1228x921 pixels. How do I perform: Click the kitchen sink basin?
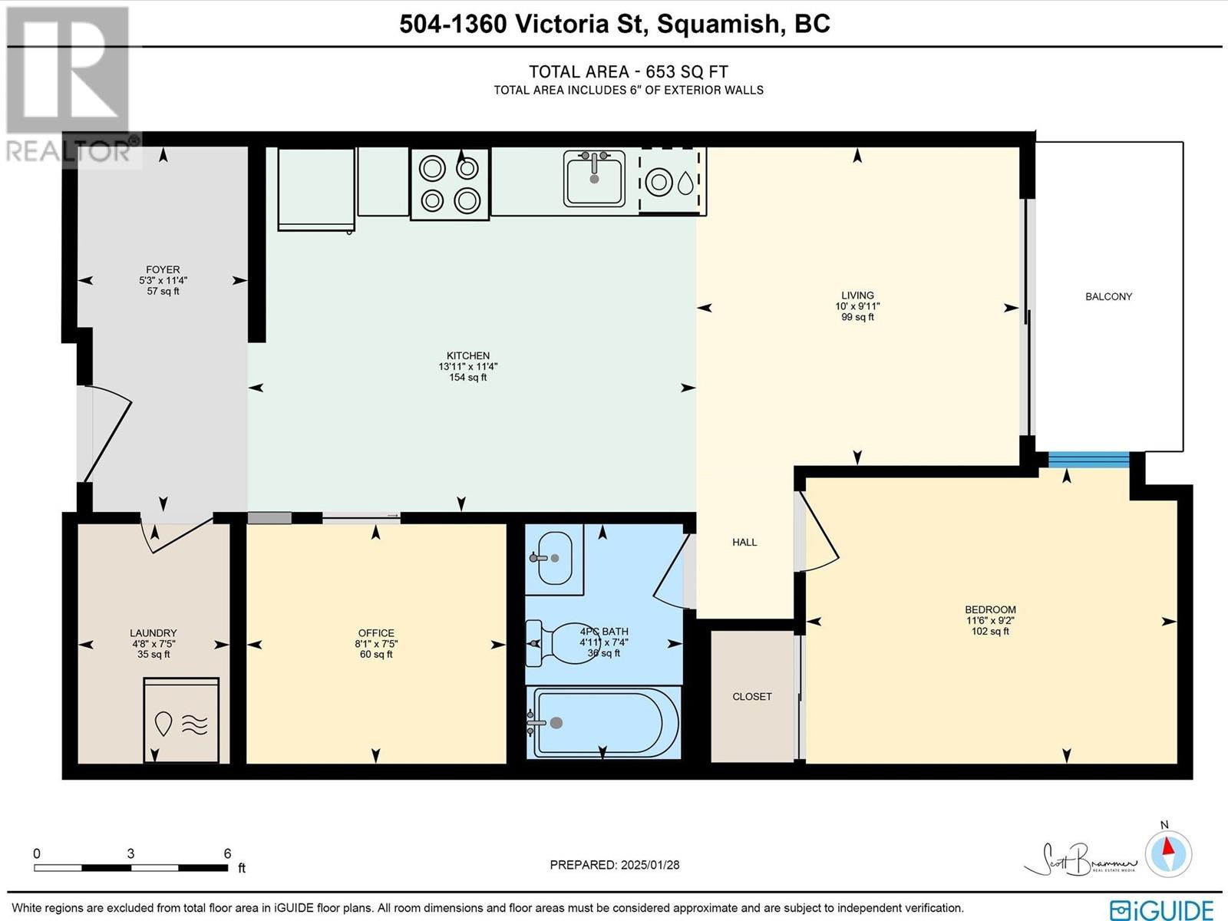pyautogui.click(x=594, y=178)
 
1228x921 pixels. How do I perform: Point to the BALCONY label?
pyautogui.click(x=1108, y=296)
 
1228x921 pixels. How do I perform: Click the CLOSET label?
pyautogui.click(x=752, y=696)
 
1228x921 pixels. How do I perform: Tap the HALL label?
pyautogui.click(x=744, y=542)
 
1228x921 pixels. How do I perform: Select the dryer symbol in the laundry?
pyautogui.click(x=181, y=720)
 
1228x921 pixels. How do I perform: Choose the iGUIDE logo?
pyautogui.click(x=1161, y=907)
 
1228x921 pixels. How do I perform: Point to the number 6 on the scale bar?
pyautogui.click(x=227, y=853)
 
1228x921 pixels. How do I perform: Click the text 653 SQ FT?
pyautogui.click(x=687, y=71)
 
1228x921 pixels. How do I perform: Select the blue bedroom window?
pyautogui.click(x=1088, y=460)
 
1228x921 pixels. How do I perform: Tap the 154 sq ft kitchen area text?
pyautogui.click(x=467, y=378)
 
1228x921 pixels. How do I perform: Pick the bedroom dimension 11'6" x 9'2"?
pyautogui.click(x=990, y=620)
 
